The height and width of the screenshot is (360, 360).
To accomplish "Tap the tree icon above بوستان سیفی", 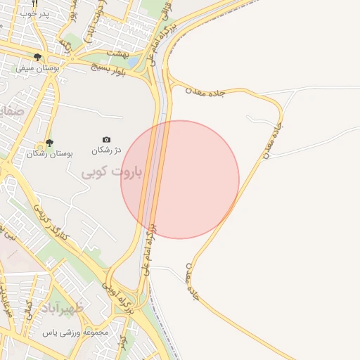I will (37, 58).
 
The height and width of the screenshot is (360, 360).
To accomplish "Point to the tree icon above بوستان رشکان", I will (49, 143).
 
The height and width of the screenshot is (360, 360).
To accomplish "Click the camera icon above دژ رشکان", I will (106, 140).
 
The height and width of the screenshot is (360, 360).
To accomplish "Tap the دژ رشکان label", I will (107, 150).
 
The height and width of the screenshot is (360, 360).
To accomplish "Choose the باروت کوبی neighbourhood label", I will (112, 172).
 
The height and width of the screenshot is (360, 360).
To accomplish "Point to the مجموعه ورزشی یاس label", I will (75, 332).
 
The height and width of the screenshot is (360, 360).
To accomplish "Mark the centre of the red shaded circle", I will (180, 179).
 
